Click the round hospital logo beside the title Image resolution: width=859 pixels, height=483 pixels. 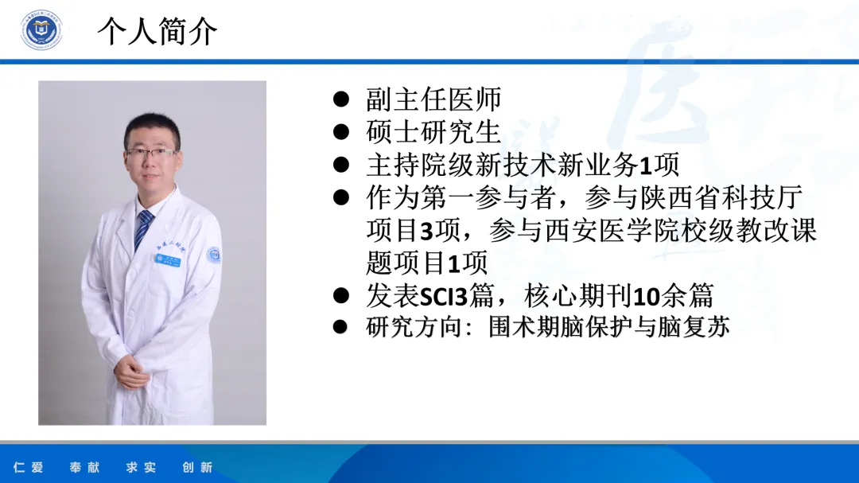pos(41,29)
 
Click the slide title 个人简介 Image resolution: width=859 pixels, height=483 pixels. pos(157,31)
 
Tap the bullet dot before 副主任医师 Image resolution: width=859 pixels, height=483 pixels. pos(340,99)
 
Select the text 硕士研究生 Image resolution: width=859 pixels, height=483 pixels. pos(433,132)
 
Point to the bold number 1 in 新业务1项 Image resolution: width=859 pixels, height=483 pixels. pos(646,166)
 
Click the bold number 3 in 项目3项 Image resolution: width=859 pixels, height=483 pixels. pos(427,231)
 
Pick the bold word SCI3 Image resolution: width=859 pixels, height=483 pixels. pos(444,297)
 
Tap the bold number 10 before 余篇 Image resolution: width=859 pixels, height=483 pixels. pos(647,297)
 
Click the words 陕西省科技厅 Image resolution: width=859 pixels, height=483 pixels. pos(721,198)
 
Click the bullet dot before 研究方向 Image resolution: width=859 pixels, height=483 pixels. pos(340,327)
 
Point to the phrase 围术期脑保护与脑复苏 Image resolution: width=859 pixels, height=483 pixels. pos(608,327)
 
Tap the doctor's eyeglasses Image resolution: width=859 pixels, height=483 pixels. pos(151,153)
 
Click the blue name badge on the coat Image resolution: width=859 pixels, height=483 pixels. pos(168,259)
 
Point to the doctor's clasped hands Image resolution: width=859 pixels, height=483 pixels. pos(130,373)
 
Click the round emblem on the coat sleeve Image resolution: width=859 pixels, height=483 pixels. pos(214,255)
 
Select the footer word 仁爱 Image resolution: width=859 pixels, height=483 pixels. pos(29,468)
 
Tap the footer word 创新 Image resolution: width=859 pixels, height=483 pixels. pos(197,468)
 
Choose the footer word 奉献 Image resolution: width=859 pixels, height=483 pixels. pos(85,468)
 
